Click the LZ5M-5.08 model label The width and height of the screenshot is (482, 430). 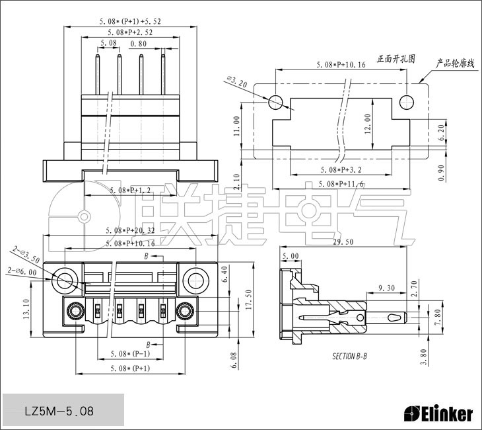point(59,411)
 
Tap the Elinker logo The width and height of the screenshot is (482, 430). point(438,414)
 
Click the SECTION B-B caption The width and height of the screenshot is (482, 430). point(349,356)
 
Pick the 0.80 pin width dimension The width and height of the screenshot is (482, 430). point(139,44)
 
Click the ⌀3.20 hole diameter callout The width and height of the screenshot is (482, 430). point(236,83)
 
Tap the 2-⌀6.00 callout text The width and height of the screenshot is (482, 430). point(19,271)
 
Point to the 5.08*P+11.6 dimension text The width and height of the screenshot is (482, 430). point(341,183)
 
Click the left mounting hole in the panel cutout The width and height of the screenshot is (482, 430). point(276,102)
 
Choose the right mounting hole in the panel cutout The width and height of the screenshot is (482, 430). point(407,102)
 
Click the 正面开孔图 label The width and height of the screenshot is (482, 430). point(396,58)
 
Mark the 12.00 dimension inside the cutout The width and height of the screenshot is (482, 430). point(367,124)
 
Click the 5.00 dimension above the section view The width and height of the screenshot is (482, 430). point(290,255)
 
